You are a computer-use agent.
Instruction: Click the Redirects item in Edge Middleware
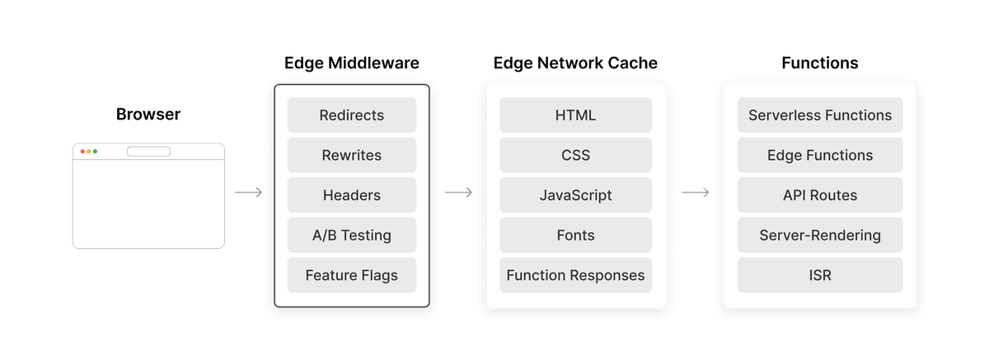tap(352, 115)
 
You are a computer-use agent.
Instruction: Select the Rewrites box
tap(352, 155)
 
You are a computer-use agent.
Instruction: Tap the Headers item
tap(352, 195)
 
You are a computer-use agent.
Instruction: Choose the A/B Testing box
tap(352, 236)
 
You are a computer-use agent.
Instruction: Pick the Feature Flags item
tap(352, 275)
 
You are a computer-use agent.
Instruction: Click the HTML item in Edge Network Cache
tap(575, 115)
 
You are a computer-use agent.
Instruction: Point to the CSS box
tap(575, 155)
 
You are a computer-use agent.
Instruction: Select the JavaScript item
tap(575, 195)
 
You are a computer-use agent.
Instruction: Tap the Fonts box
tap(575, 236)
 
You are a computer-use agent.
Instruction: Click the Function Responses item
tap(575, 275)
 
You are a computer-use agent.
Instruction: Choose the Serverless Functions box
tap(820, 115)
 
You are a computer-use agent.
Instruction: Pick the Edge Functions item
tap(820, 155)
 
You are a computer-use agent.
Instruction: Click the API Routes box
tap(820, 195)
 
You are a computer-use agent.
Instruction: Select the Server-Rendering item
tap(820, 236)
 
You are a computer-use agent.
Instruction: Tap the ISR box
tap(820, 275)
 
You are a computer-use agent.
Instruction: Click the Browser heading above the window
tap(148, 115)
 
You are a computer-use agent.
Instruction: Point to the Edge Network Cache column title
tap(575, 63)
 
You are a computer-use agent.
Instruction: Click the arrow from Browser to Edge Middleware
tap(248, 193)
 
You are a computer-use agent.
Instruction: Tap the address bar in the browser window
tap(148, 152)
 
